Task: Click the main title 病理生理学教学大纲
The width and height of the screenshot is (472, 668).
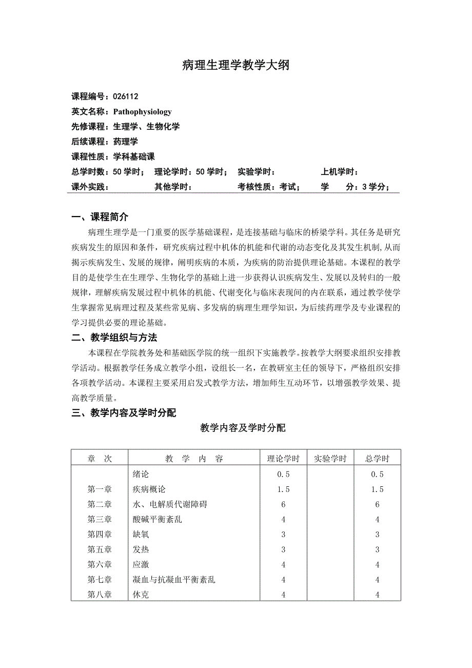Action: click(236, 65)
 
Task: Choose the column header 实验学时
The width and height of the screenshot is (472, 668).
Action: click(330, 459)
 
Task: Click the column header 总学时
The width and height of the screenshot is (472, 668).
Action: click(377, 459)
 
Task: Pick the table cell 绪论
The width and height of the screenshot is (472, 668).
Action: click(141, 475)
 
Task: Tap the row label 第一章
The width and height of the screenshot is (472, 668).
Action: click(100, 489)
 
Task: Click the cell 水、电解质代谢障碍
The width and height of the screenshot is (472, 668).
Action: click(169, 504)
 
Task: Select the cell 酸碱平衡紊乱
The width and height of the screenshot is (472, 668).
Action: click(157, 519)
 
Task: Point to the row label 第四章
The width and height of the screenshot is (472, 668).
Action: click(100, 535)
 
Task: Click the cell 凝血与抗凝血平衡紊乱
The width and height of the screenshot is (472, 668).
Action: click(173, 580)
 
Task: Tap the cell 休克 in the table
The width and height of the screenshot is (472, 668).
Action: click(141, 595)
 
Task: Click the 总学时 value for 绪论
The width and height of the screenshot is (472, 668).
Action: click(377, 475)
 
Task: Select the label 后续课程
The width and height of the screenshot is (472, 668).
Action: click(88, 142)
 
